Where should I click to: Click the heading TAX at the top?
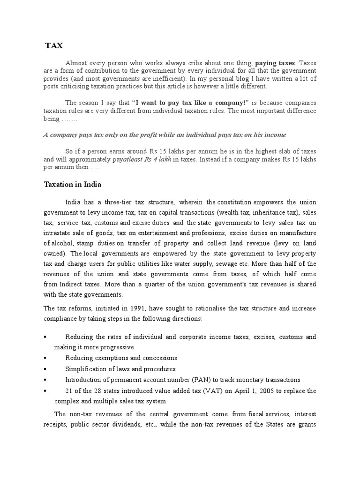coord(53,45)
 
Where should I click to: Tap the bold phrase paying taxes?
coord(275,62)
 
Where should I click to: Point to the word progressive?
coord(118,347)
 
